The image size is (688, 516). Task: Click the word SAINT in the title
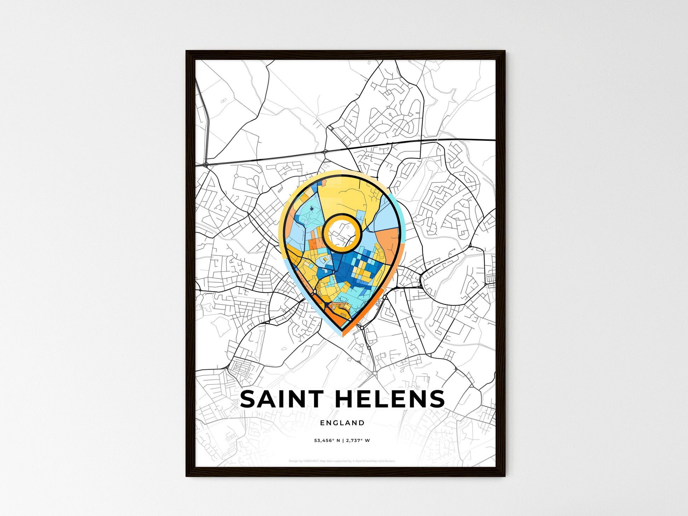click(x=281, y=399)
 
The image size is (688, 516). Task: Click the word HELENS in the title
click(x=389, y=399)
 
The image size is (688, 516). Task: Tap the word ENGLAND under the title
click(x=342, y=423)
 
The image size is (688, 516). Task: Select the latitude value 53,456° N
click(x=327, y=441)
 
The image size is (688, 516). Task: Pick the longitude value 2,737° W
click(x=358, y=441)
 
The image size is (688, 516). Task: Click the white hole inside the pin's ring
click(x=342, y=233)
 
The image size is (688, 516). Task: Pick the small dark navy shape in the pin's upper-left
click(x=311, y=209)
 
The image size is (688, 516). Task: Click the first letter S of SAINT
click(x=248, y=399)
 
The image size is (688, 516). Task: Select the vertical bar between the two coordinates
click(x=343, y=441)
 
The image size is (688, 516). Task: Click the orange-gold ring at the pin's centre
click(x=327, y=233)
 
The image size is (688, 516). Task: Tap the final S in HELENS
click(x=437, y=399)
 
